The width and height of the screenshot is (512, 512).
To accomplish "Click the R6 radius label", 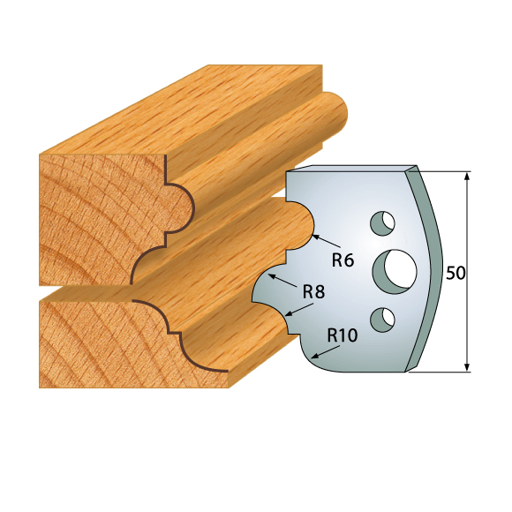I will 343,260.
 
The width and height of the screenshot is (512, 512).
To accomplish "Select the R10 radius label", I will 343,335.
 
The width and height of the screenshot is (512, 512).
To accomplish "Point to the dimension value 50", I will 456,273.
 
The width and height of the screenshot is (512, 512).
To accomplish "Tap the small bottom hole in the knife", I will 382,319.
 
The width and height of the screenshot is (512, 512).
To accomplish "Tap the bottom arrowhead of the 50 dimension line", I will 468,365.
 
